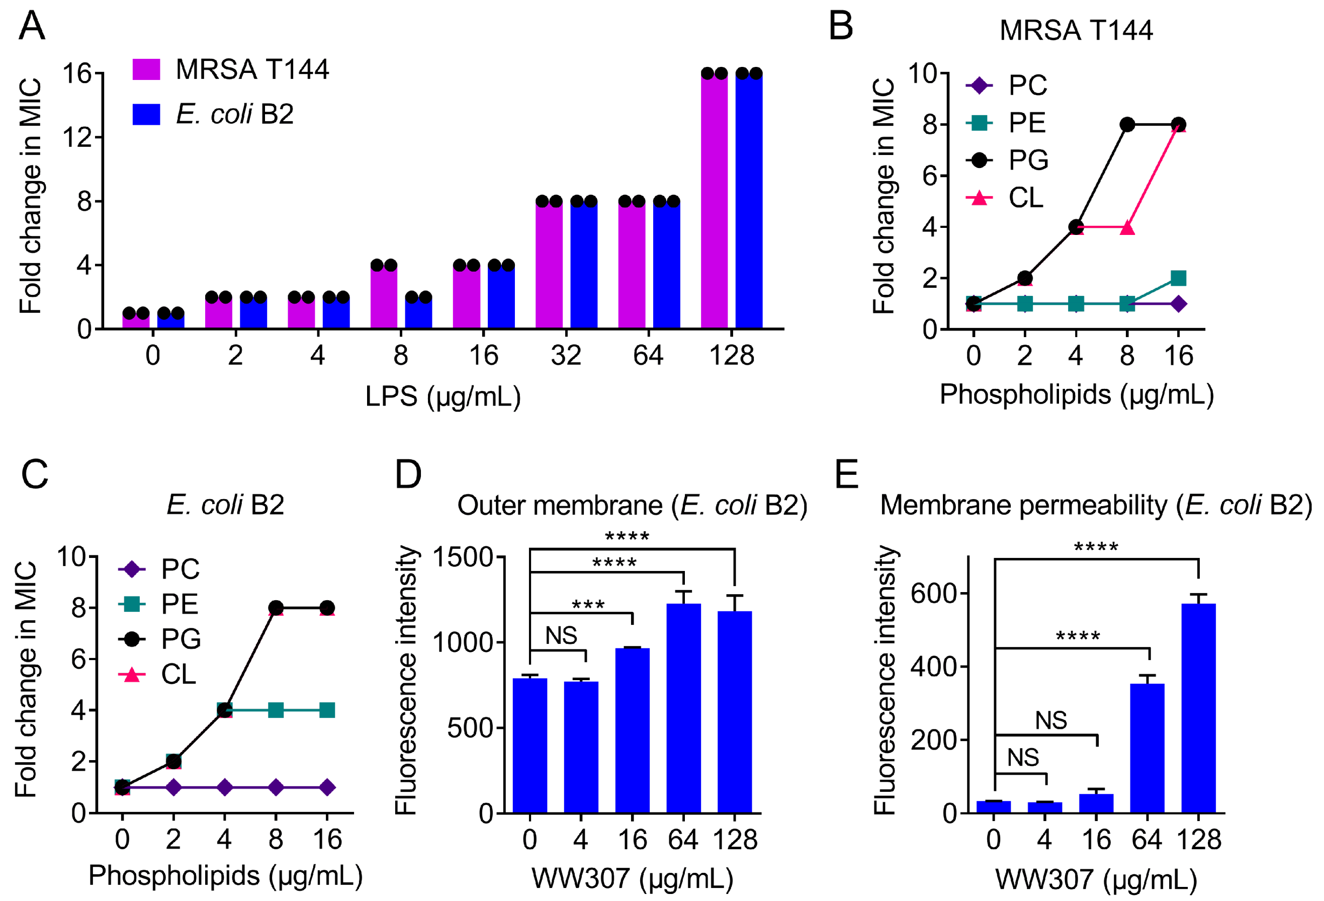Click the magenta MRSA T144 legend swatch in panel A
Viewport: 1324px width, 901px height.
point(146,69)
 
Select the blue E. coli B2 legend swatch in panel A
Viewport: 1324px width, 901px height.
point(146,114)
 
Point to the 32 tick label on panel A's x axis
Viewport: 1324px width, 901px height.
point(566,356)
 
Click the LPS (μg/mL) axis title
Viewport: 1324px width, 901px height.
point(443,396)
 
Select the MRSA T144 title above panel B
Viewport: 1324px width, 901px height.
point(1076,30)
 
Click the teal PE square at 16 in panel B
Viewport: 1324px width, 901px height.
point(1178,278)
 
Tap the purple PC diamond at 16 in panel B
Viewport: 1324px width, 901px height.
point(1178,304)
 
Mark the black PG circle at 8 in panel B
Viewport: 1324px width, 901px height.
point(1127,125)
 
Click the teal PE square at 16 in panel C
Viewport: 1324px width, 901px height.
point(327,710)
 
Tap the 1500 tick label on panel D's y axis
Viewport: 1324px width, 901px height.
point(463,557)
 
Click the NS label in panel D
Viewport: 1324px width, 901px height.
point(561,635)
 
